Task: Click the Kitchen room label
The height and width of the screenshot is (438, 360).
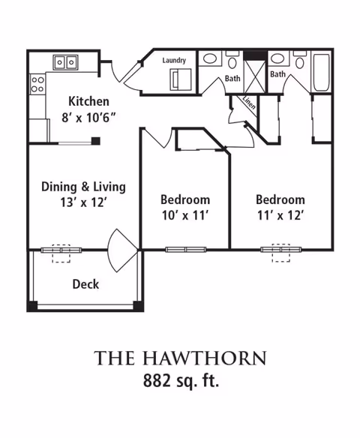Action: [88, 101]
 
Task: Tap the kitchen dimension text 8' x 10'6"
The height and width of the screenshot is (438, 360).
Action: [88, 118]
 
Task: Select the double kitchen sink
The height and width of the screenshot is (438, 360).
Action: [66, 62]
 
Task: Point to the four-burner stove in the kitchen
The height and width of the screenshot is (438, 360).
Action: [37, 84]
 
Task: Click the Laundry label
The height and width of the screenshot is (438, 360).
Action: [174, 60]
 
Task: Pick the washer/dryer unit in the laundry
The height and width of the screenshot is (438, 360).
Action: [181, 79]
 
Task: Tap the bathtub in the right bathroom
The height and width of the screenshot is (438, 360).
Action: [321, 72]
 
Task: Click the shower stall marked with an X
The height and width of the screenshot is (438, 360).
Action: [255, 76]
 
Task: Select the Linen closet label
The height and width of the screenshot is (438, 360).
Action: [249, 103]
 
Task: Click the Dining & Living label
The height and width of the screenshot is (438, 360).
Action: [83, 187]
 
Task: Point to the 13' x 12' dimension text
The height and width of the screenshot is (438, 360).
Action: [84, 202]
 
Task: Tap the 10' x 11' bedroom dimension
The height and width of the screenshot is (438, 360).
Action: [185, 215]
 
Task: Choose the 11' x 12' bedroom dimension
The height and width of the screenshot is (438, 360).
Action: [280, 215]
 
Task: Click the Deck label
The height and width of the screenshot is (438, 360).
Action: [85, 284]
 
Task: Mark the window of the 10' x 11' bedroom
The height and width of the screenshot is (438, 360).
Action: [186, 250]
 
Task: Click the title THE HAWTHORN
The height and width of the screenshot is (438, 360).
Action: [180, 358]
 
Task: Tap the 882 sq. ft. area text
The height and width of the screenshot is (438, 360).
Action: [181, 380]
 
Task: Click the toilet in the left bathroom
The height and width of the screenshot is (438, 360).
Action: [232, 59]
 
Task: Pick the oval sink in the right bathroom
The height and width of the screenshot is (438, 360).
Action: [277, 58]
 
